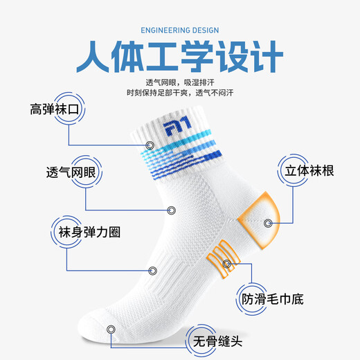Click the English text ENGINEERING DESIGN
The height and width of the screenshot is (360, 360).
tap(179, 30)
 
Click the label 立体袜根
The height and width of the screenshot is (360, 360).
tap(305, 170)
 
